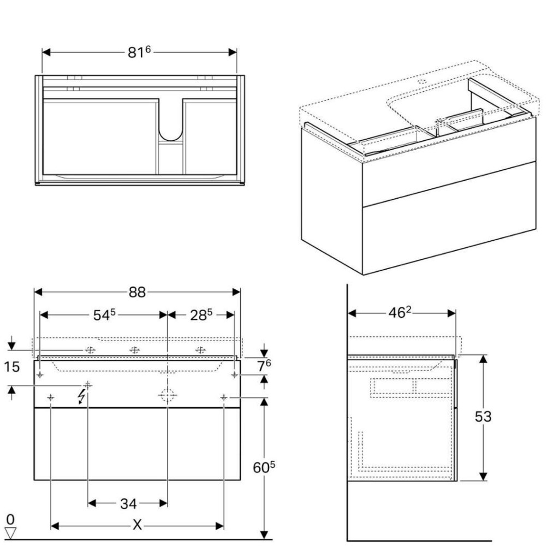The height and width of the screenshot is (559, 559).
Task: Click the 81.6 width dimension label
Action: pyautogui.click(x=139, y=52)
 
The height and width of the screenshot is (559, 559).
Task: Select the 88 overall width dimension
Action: pyautogui.click(x=137, y=292)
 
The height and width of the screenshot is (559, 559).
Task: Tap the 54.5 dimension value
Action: pyautogui.click(x=104, y=315)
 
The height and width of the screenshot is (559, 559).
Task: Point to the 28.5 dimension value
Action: pyautogui.click(x=201, y=315)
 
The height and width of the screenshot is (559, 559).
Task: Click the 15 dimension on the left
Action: pyautogui.click(x=11, y=367)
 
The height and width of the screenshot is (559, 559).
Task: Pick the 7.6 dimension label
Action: pyautogui.click(x=264, y=366)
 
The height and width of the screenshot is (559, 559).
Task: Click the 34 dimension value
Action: pyautogui.click(x=128, y=503)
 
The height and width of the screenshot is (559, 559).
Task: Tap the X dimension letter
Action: pyautogui.click(x=137, y=526)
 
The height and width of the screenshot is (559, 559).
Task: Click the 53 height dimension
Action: pyautogui.click(x=483, y=417)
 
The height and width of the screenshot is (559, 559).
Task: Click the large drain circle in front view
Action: pyautogui.click(x=167, y=395)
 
